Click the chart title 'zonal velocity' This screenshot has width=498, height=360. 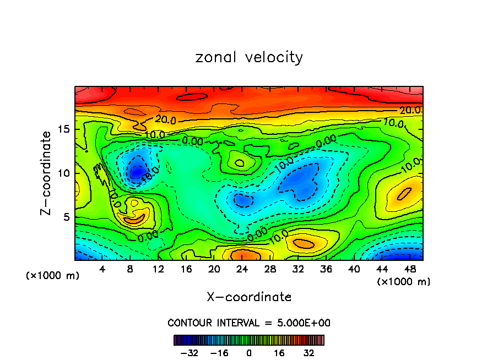point(249,57)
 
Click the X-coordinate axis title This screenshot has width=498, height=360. point(249,297)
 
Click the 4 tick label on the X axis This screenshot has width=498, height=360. point(102,269)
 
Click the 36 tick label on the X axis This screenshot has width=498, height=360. point(326,269)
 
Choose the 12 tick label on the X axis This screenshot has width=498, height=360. point(158,269)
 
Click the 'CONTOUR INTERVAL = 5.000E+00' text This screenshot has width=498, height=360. point(249,323)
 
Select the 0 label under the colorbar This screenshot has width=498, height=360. point(249,352)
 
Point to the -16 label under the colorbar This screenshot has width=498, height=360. point(218,352)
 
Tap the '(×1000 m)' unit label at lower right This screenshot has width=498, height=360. point(404,282)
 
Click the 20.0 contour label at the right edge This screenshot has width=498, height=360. point(410,111)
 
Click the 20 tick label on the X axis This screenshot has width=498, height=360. point(214,269)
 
